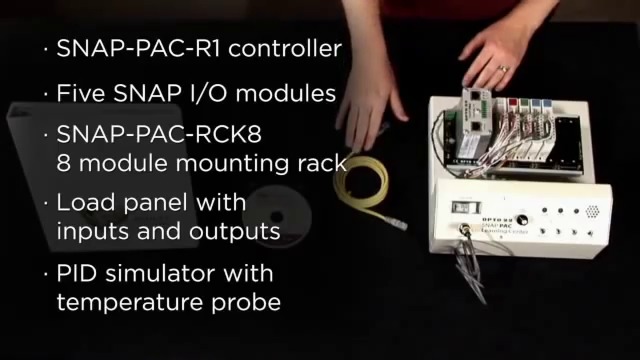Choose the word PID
point(78,272)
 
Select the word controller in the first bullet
point(294,47)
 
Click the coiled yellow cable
point(364,184)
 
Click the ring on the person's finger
point(504,69)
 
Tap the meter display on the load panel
point(461,208)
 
